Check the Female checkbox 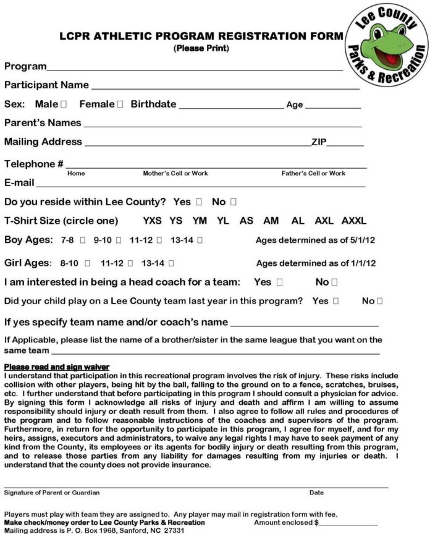coord(120,104)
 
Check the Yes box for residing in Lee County coord(199,202)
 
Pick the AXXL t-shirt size coord(354,221)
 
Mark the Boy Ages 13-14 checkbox coord(201,240)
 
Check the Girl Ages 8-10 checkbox coord(88,263)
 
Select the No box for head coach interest coord(334,282)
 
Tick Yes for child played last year coord(336,302)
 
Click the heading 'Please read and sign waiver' coord(57,367)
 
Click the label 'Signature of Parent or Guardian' coord(52,493)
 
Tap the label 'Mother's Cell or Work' coord(175,174)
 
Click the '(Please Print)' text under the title coord(201,48)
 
